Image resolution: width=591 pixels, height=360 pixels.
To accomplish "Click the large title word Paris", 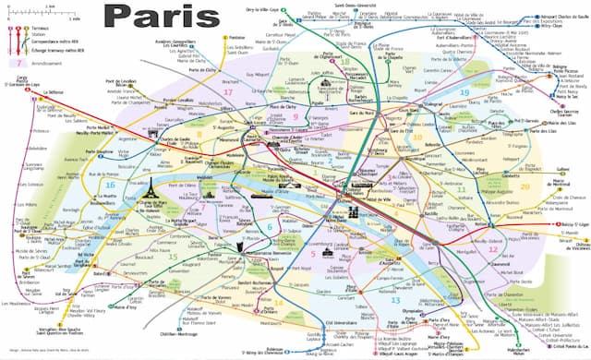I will (x=156, y=16).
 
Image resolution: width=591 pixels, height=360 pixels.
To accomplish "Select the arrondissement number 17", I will (x=226, y=92).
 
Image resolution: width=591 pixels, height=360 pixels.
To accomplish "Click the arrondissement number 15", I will (x=172, y=255).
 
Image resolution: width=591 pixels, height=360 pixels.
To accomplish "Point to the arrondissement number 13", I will (x=394, y=300).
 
